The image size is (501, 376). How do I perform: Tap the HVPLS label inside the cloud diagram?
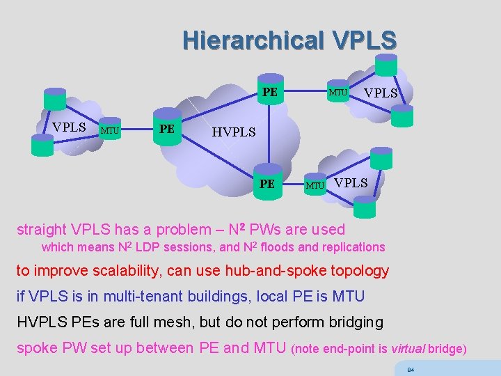click(x=234, y=132)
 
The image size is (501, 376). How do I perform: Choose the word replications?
click(x=352, y=247)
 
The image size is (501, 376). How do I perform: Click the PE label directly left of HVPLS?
click(x=167, y=129)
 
